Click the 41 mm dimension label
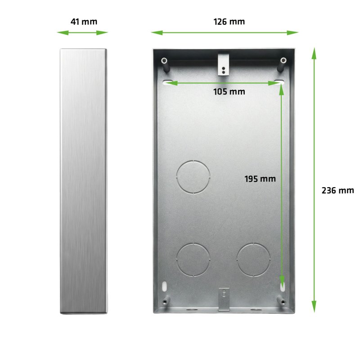click(x=84, y=21)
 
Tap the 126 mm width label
click(x=229, y=21)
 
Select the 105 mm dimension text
click(x=229, y=92)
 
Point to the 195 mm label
click(x=260, y=179)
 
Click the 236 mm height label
click(x=338, y=190)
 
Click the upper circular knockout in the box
click(x=193, y=176)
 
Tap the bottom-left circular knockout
click(x=193, y=260)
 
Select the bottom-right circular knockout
click(x=253, y=260)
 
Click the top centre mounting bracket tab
click(x=223, y=64)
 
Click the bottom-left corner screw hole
click(x=166, y=302)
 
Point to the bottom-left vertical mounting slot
click(x=165, y=286)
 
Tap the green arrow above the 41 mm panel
click(x=83, y=32)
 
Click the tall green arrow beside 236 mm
click(x=314, y=180)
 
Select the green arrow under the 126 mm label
click(x=225, y=32)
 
